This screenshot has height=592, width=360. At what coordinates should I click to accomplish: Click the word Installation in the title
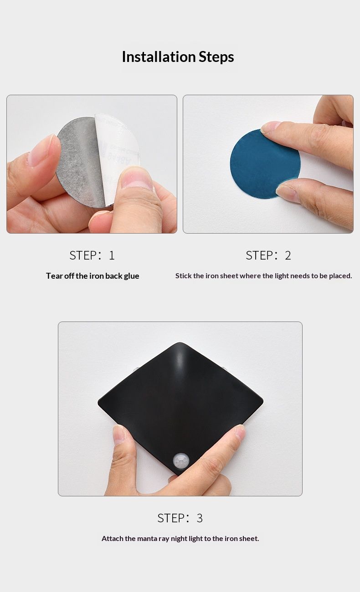pos(159,56)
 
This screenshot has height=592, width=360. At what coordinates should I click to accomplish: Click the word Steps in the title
pos(216,57)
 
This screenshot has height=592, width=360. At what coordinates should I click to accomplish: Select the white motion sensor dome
pos(181,460)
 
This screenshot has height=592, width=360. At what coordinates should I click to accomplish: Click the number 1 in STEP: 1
pos(112,255)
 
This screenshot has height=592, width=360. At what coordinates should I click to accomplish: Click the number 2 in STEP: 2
pos(288,255)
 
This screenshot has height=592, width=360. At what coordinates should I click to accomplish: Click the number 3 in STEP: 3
pos(200,518)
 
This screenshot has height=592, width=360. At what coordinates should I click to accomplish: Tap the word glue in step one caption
pos(131,276)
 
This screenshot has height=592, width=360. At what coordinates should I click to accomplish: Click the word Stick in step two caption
pos(183,276)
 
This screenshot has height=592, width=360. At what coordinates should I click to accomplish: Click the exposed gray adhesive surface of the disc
pos(81,161)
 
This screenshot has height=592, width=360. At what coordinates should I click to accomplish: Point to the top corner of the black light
pos(180,343)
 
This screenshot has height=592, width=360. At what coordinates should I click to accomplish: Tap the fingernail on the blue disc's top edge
pos(271,126)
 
